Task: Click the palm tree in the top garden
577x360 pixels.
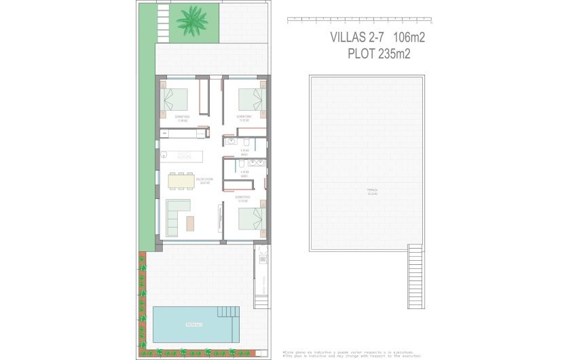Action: (x=192, y=20)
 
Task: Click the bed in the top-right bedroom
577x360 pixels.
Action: (x=250, y=99)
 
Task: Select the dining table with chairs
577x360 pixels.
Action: (x=181, y=181)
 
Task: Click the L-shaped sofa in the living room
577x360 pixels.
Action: (x=175, y=214)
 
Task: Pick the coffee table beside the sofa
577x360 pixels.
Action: (x=190, y=222)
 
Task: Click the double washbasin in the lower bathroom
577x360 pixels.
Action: (x=250, y=163)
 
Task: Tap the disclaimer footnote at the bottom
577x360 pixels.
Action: (x=352, y=354)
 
